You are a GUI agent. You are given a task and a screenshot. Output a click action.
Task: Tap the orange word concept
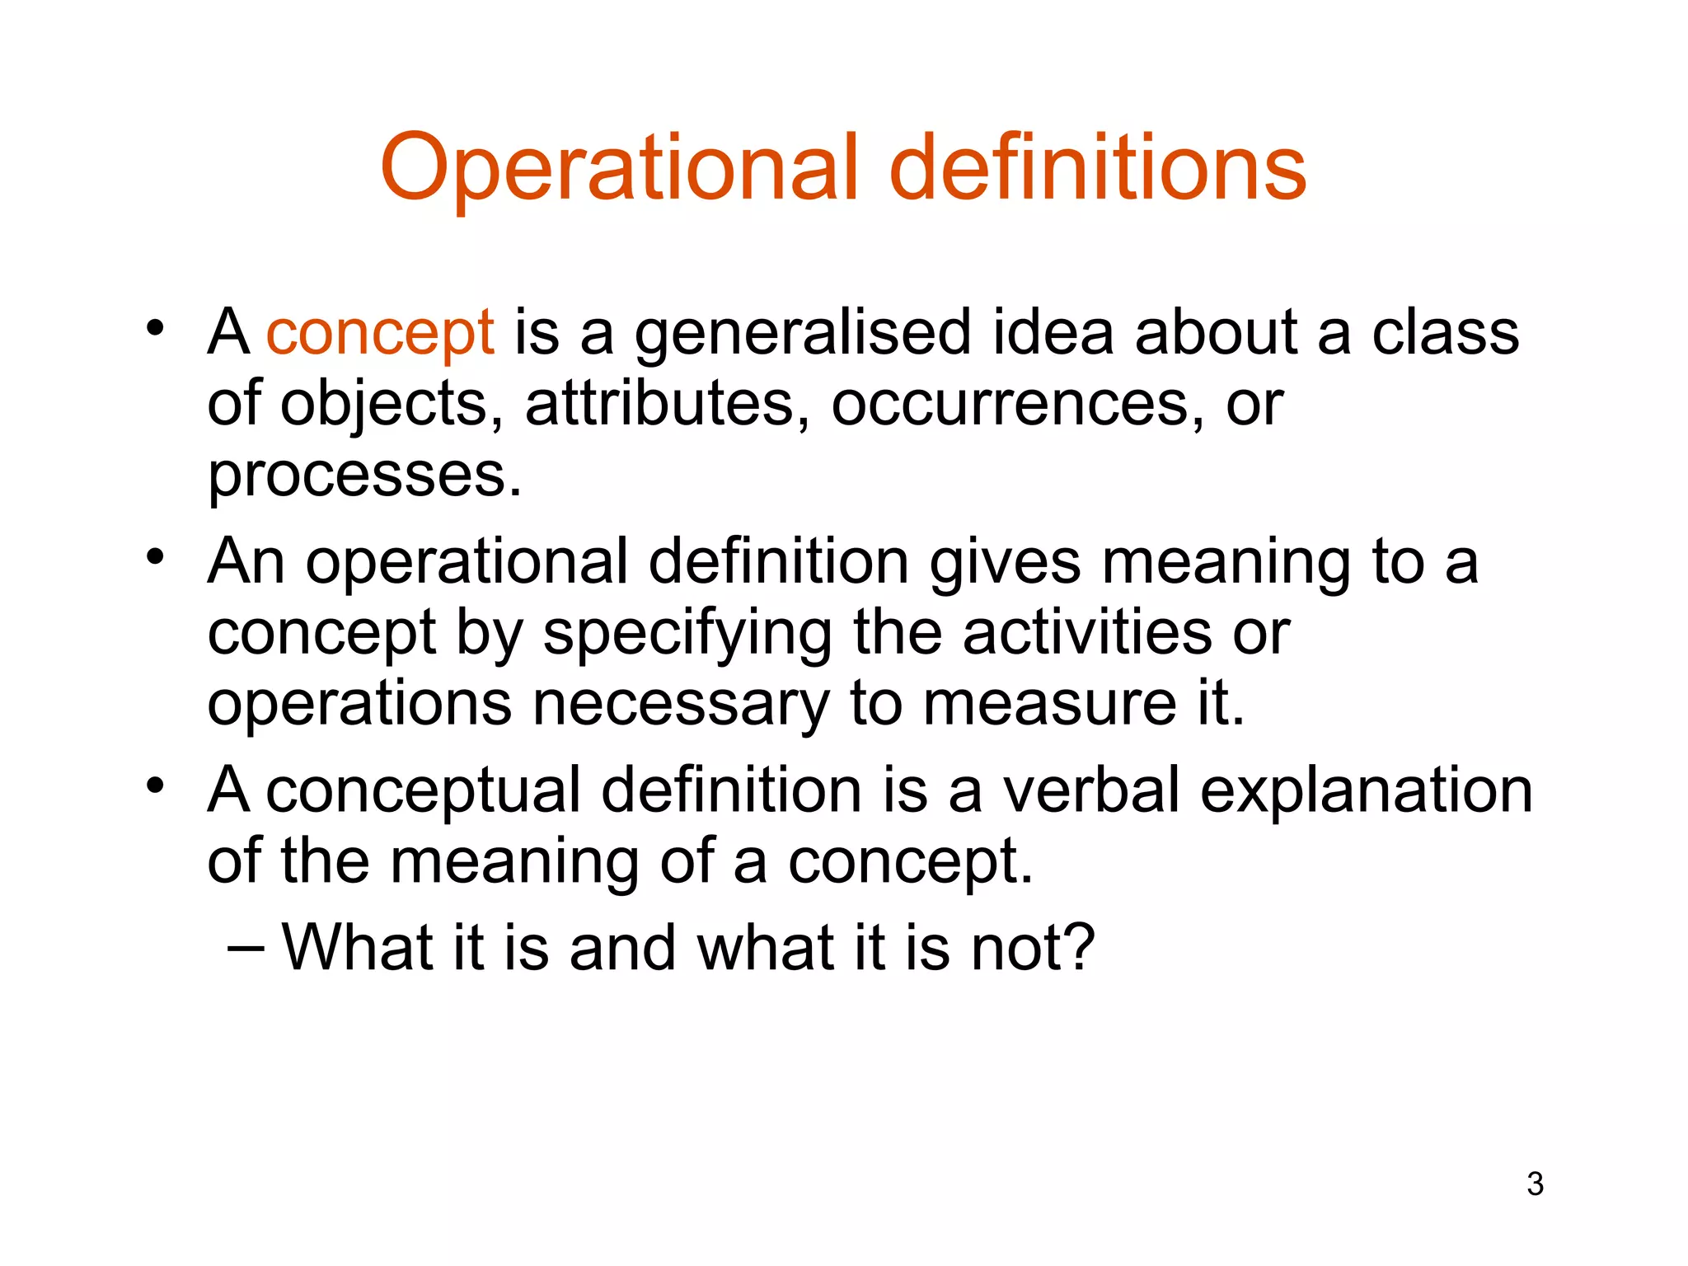(x=380, y=333)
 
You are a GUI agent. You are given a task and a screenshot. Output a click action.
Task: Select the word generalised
(x=802, y=333)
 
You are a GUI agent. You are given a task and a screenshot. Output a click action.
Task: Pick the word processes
(x=363, y=476)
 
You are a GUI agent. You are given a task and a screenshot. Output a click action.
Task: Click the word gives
(x=1005, y=562)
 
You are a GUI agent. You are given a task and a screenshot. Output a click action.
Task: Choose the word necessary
(x=681, y=704)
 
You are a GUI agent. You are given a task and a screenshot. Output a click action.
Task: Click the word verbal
(x=1091, y=790)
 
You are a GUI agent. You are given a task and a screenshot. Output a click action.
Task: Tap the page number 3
(x=1535, y=1184)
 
